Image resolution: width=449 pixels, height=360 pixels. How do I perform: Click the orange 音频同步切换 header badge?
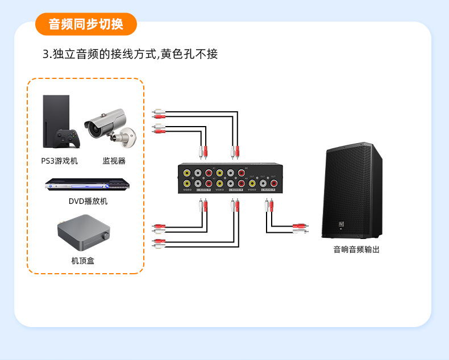point(86,24)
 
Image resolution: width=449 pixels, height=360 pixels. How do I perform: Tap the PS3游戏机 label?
point(59,161)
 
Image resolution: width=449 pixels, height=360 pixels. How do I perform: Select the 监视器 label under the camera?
point(114,161)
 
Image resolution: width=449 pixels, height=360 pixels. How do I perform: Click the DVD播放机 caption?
point(88,201)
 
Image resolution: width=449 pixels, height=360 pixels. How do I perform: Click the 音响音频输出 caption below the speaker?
point(356,249)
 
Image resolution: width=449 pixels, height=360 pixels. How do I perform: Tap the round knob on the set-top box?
point(104,237)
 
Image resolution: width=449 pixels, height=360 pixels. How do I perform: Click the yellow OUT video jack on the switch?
point(252,183)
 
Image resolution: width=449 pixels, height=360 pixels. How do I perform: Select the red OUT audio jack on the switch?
point(273,183)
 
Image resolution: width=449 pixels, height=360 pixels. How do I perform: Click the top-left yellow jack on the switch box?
point(187,173)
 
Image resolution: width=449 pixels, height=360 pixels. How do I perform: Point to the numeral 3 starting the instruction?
point(45,55)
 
